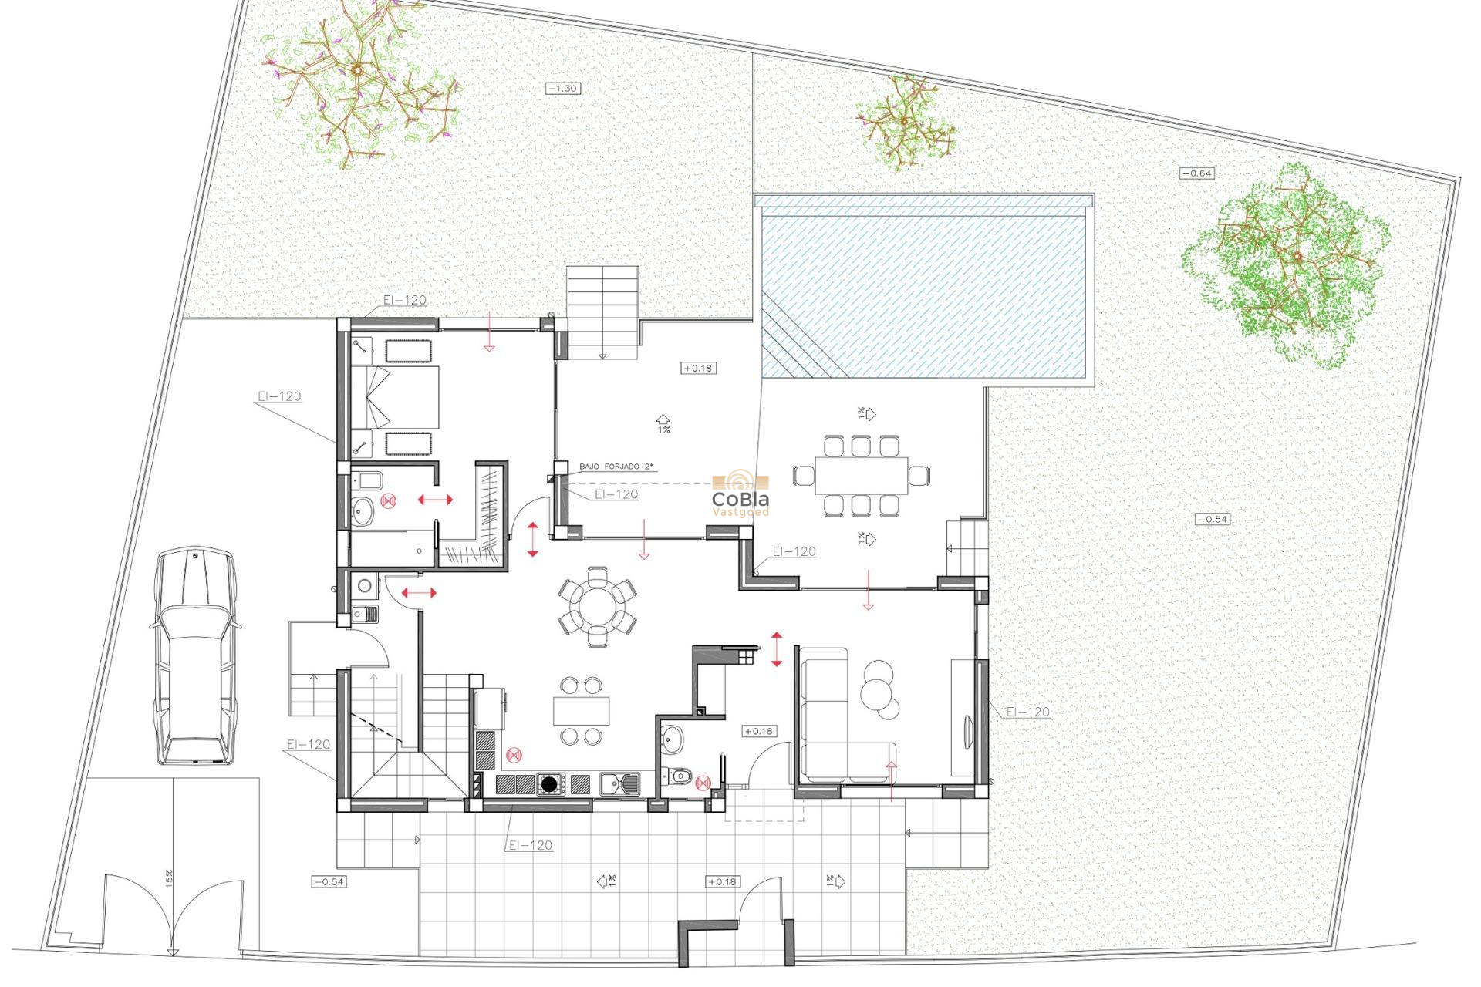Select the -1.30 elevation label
(x=563, y=89)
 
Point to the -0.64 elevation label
(x=1197, y=173)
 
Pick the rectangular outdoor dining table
(x=862, y=476)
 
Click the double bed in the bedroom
(x=397, y=397)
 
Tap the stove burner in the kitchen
(x=549, y=785)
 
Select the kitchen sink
(x=620, y=784)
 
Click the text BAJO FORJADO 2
(x=616, y=467)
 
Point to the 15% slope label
(x=169, y=878)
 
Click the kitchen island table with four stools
(x=581, y=710)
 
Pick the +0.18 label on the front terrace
(x=722, y=881)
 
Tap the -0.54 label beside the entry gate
(x=329, y=881)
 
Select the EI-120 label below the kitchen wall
(x=531, y=845)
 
